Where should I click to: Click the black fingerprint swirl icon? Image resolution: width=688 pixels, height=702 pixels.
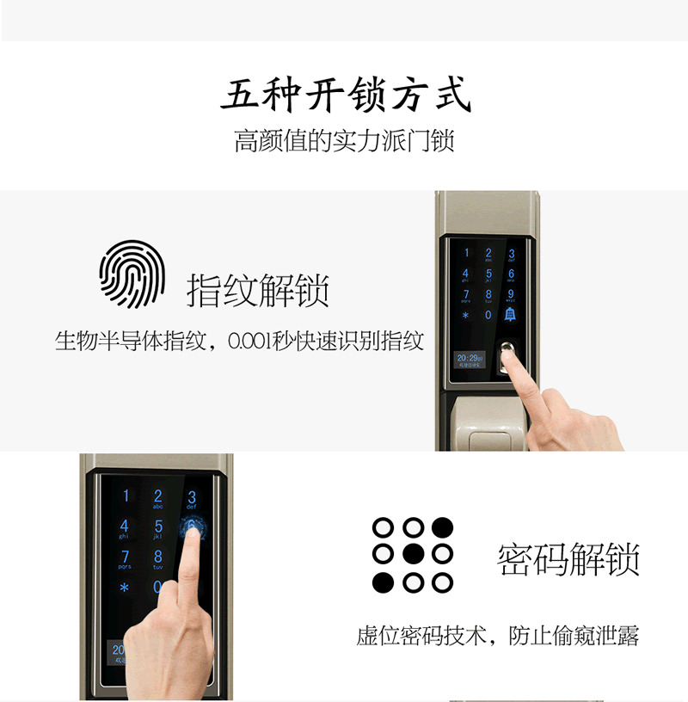click(132, 274)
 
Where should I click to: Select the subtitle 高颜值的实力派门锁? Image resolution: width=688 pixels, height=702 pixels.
click(344, 140)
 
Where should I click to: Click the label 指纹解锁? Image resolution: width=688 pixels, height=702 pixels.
click(258, 291)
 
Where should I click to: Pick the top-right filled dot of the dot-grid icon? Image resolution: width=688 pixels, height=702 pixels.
click(443, 526)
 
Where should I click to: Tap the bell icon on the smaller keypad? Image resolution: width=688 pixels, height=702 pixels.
click(510, 315)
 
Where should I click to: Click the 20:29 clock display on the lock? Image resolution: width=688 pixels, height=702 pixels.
click(469, 357)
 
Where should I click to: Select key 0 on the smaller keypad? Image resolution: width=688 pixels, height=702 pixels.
click(488, 315)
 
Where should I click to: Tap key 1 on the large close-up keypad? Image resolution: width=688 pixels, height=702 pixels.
click(126, 496)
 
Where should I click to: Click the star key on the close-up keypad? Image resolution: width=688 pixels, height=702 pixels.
click(125, 589)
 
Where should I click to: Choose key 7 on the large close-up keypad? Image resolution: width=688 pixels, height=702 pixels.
click(125, 557)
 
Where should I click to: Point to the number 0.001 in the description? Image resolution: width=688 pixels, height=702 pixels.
click(249, 342)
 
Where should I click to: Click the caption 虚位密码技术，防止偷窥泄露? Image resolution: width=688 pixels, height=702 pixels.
click(498, 637)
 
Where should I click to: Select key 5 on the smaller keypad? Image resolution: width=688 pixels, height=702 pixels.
click(488, 274)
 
